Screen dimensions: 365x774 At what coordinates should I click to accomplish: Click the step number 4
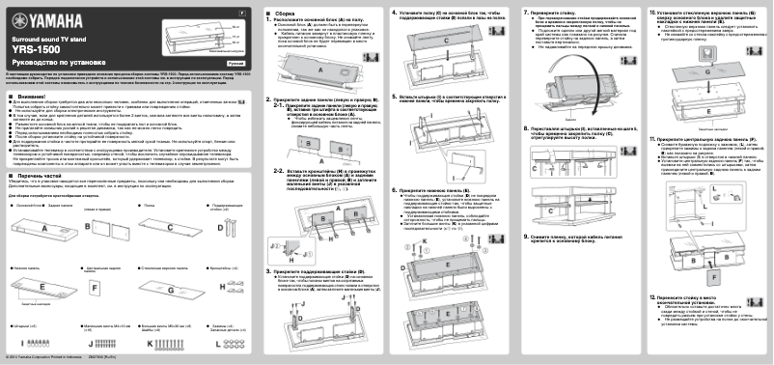pos(394,13)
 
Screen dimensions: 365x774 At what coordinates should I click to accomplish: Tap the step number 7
pos(524,13)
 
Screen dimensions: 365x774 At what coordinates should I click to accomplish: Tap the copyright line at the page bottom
pos(48,358)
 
